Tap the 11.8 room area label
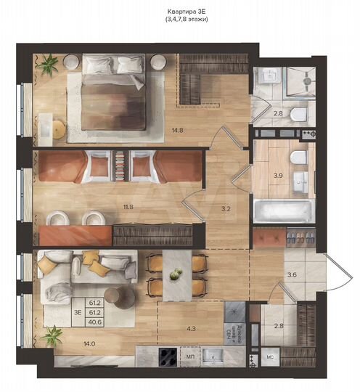(128, 207)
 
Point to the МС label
(269, 357)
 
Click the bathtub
(283, 211)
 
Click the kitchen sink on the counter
(213, 355)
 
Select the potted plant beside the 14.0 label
(52, 335)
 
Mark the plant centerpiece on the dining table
(175, 274)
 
